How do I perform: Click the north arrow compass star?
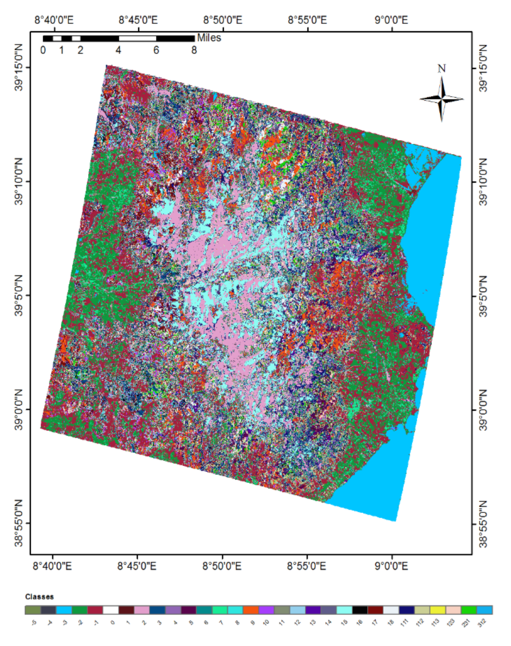442,99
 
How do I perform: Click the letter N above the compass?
442,69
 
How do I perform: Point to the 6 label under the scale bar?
156,50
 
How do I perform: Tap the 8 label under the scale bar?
194,50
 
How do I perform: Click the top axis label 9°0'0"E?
391,20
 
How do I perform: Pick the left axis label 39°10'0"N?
19,182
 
